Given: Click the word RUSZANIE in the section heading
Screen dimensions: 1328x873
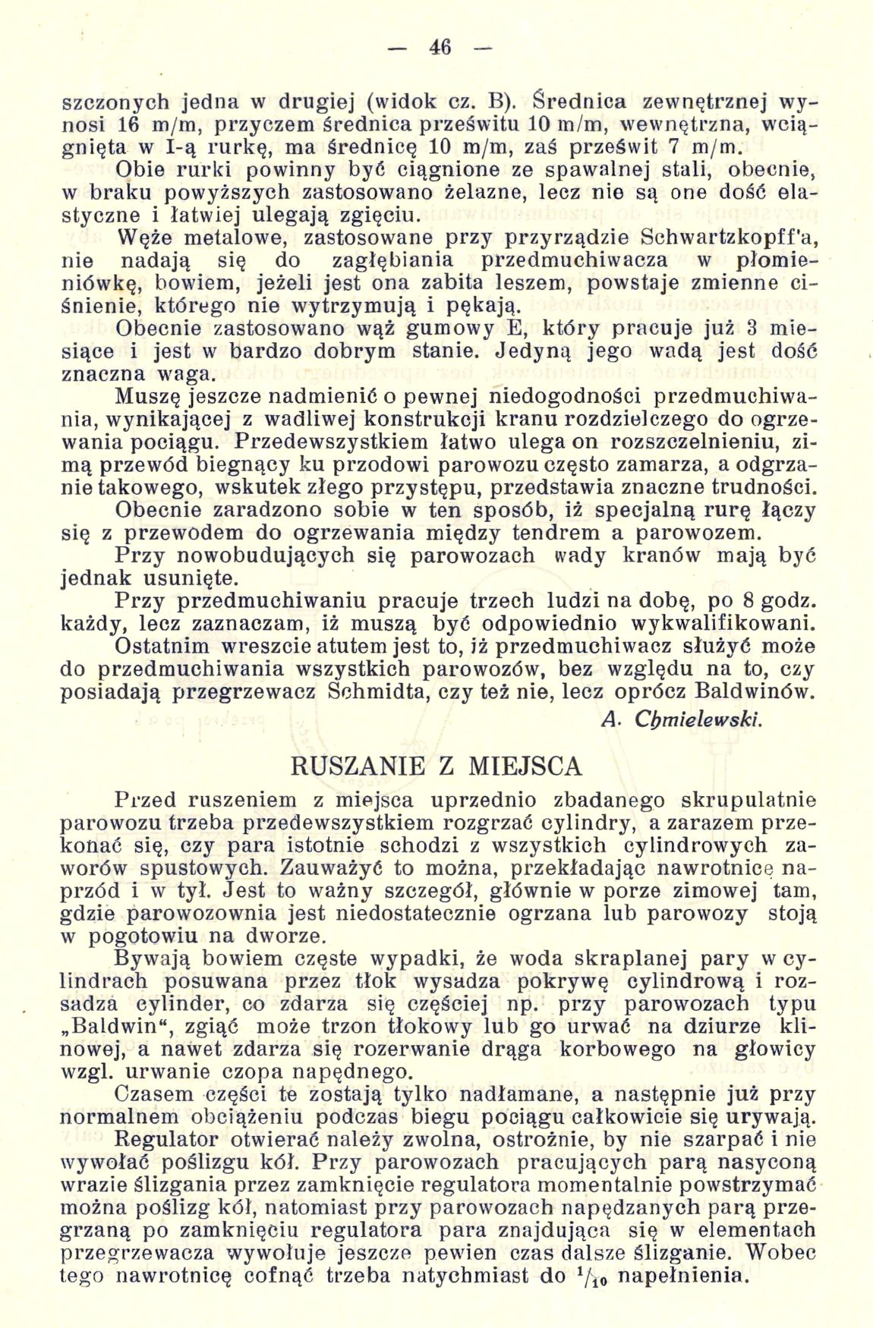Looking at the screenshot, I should [358, 766].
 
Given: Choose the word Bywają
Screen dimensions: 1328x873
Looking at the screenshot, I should [155, 958].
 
